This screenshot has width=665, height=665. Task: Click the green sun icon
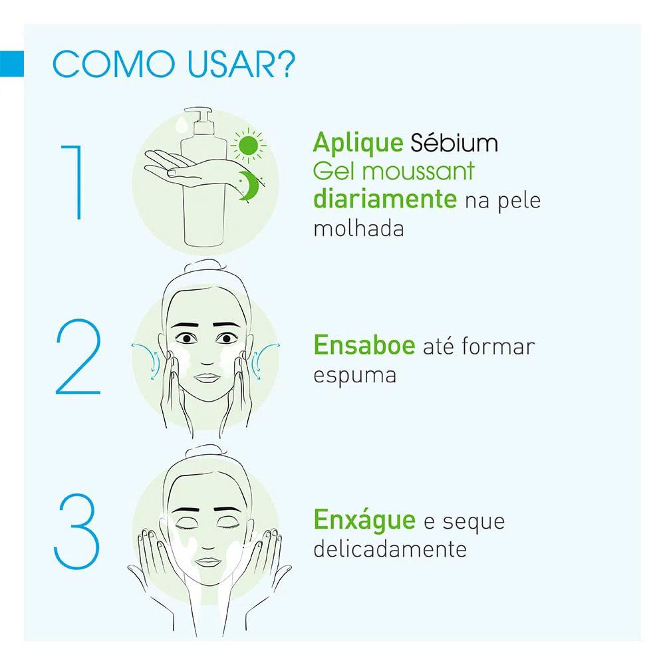[248, 146]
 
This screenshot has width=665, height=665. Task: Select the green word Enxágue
[364, 519]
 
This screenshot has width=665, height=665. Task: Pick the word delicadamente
[388, 549]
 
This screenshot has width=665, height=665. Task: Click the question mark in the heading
[284, 67]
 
